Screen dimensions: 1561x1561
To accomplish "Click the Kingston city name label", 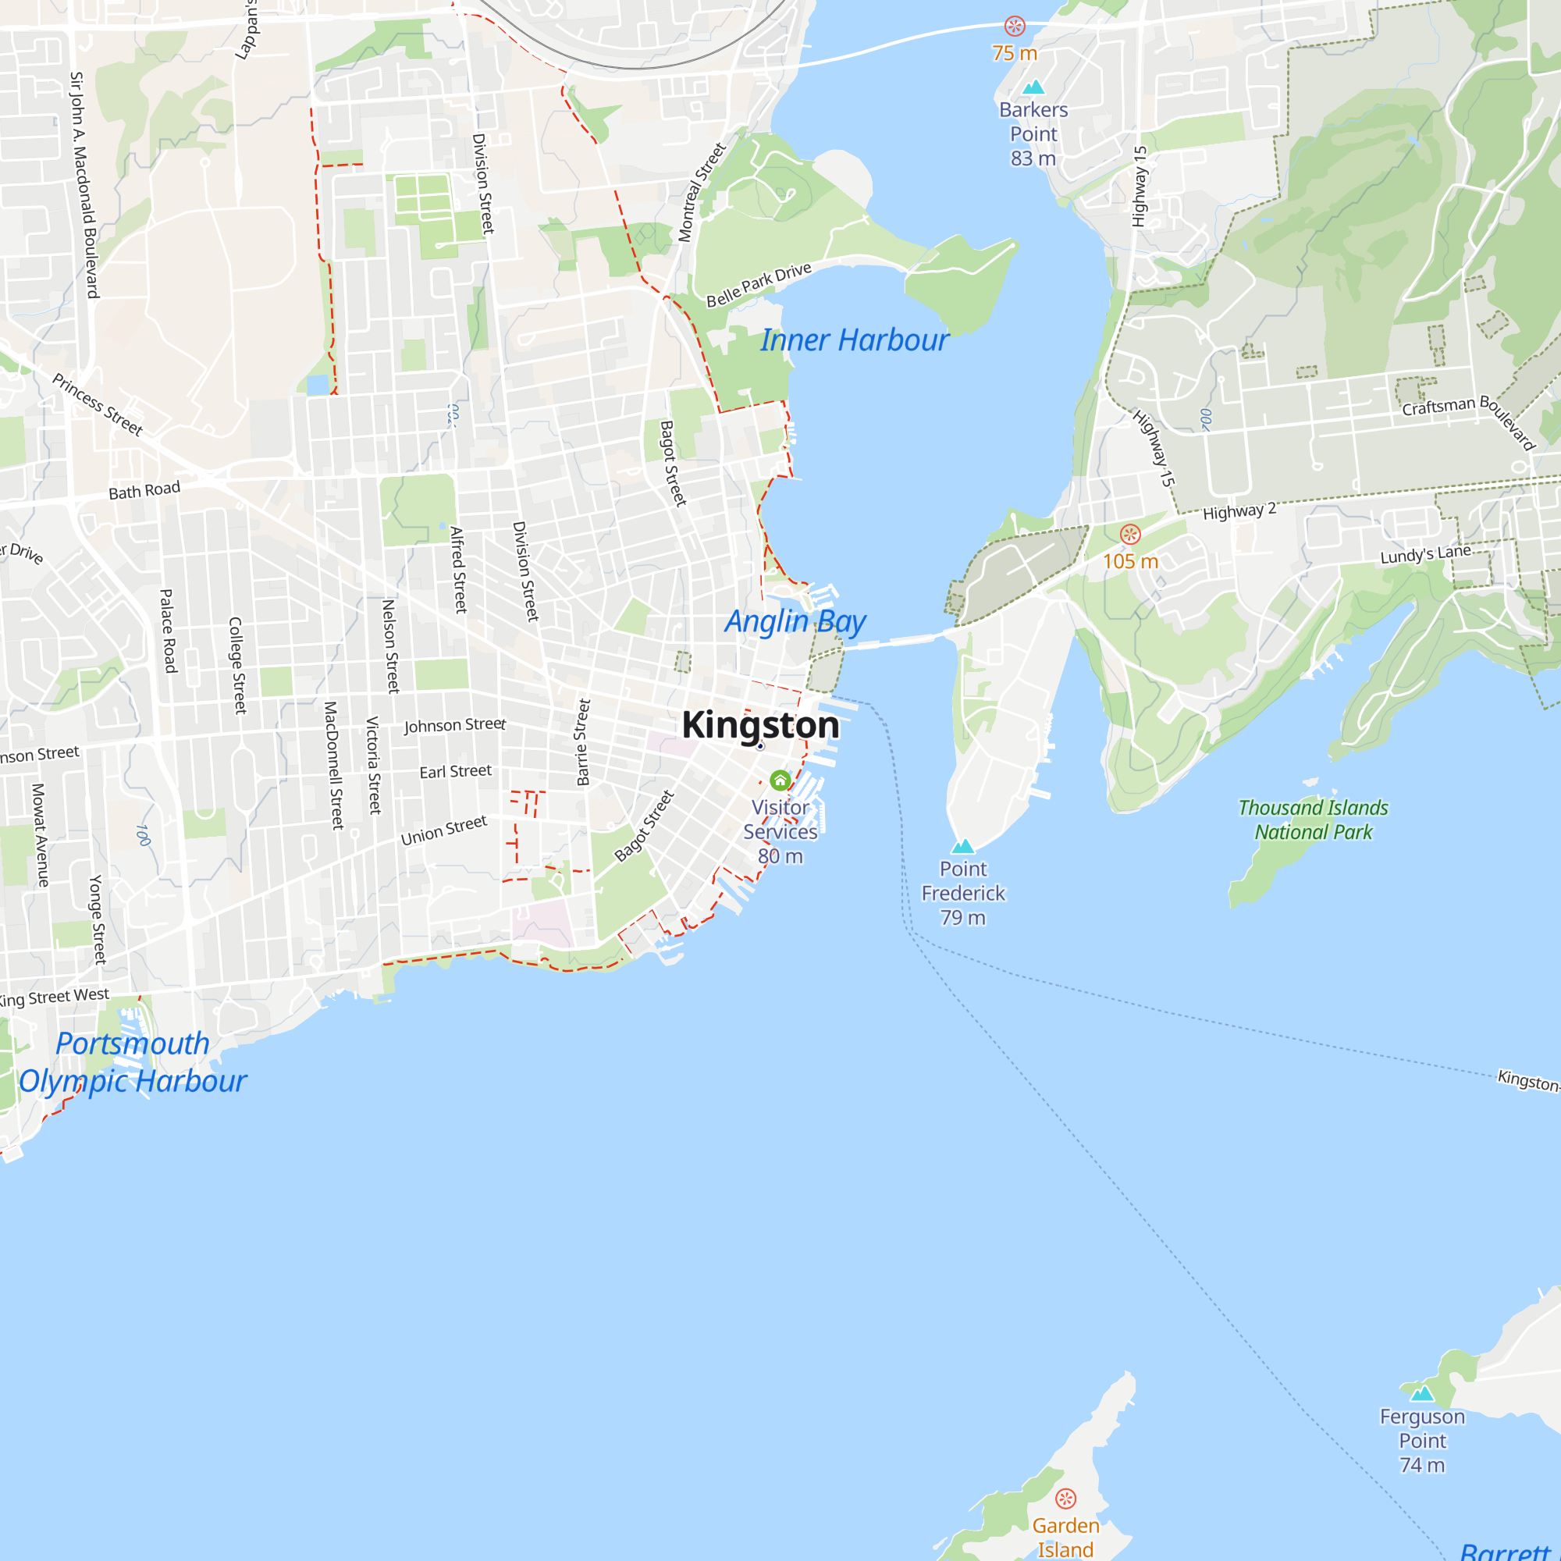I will (760, 725).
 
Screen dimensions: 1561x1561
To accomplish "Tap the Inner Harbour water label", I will (854, 340).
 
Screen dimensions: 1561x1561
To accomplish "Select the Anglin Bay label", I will (795, 621).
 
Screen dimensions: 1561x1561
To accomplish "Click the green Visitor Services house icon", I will (780, 780).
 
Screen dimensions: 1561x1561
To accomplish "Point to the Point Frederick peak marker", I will (962, 847).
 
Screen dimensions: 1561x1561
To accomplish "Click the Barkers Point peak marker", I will (1033, 87).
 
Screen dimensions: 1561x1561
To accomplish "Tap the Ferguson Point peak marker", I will (1422, 1393).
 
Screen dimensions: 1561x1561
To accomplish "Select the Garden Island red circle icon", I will (1065, 1499).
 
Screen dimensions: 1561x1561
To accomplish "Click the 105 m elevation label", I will (1130, 560).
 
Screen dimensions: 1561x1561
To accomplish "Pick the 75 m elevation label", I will (1015, 53).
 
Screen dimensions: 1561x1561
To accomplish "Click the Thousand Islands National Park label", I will (1313, 820).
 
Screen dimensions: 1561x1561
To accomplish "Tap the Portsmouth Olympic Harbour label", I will (133, 1061).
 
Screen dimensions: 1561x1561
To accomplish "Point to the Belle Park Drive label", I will (759, 285).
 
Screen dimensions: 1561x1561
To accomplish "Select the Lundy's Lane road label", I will (1425, 554).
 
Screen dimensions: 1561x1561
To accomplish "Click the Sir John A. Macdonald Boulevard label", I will (84, 185).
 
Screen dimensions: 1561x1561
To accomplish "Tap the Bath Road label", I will (144, 490).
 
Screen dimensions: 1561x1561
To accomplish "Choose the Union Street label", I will (443, 830).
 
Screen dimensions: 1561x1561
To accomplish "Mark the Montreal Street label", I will (702, 192).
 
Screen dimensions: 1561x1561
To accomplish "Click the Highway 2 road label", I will (1239, 510).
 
